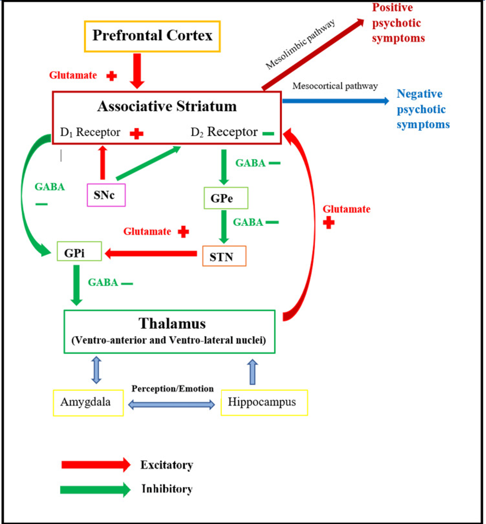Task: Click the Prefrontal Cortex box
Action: coord(152,36)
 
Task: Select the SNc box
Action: coord(106,195)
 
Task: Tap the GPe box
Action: coord(226,198)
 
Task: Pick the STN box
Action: coord(224,256)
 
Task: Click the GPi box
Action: coord(79,251)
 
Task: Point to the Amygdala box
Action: coord(89,403)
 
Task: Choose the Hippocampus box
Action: coord(264,402)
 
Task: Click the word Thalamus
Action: coord(172,324)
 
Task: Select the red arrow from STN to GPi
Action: coord(151,254)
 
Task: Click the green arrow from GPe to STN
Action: coord(224,227)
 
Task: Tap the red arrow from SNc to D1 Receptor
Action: coord(102,163)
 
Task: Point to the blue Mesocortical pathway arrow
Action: coord(336,100)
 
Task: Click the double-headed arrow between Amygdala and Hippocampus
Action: coord(172,405)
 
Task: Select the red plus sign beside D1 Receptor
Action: coord(136,134)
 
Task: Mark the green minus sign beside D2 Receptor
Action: coord(268,134)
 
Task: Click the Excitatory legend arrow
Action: coord(96,465)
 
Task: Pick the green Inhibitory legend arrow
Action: coord(96,490)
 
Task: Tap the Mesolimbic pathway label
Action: coord(300,44)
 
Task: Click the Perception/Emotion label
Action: coord(173,389)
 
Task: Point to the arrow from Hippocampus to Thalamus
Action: coord(253,371)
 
